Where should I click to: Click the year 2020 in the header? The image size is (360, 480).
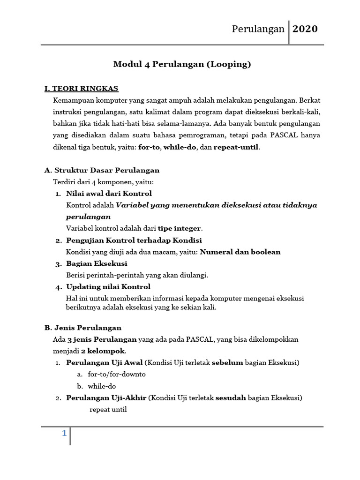coord(305,29)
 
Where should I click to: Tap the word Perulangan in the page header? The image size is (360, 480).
coord(258,29)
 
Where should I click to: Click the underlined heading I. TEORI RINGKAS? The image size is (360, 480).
coord(81,88)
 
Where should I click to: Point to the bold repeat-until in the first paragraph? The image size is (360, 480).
coord(236,147)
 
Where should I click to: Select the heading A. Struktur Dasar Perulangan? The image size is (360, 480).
coord(102,170)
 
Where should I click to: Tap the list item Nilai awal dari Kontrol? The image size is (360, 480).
coord(109,193)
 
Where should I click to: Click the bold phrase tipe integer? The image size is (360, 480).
coord(180,228)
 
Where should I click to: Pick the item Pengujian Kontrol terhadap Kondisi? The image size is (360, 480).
coord(134,240)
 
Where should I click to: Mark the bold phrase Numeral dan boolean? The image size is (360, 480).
coord(240,252)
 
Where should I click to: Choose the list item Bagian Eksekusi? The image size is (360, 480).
coord(97,263)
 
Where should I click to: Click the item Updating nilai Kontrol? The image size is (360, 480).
coord(108,286)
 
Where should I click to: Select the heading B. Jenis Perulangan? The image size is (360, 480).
coord(82,328)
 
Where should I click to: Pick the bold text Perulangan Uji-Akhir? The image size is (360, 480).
coord(106,398)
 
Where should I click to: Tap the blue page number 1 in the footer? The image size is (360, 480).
coord(64,434)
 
